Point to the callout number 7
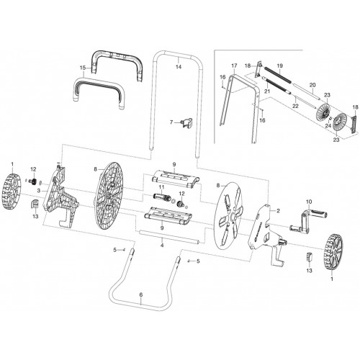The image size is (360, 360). (x=171, y=123)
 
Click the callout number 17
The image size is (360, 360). (x=234, y=65)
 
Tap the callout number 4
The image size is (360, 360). (x=162, y=246)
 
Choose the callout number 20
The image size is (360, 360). (x=311, y=85)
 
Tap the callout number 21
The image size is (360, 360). (x=266, y=92)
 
